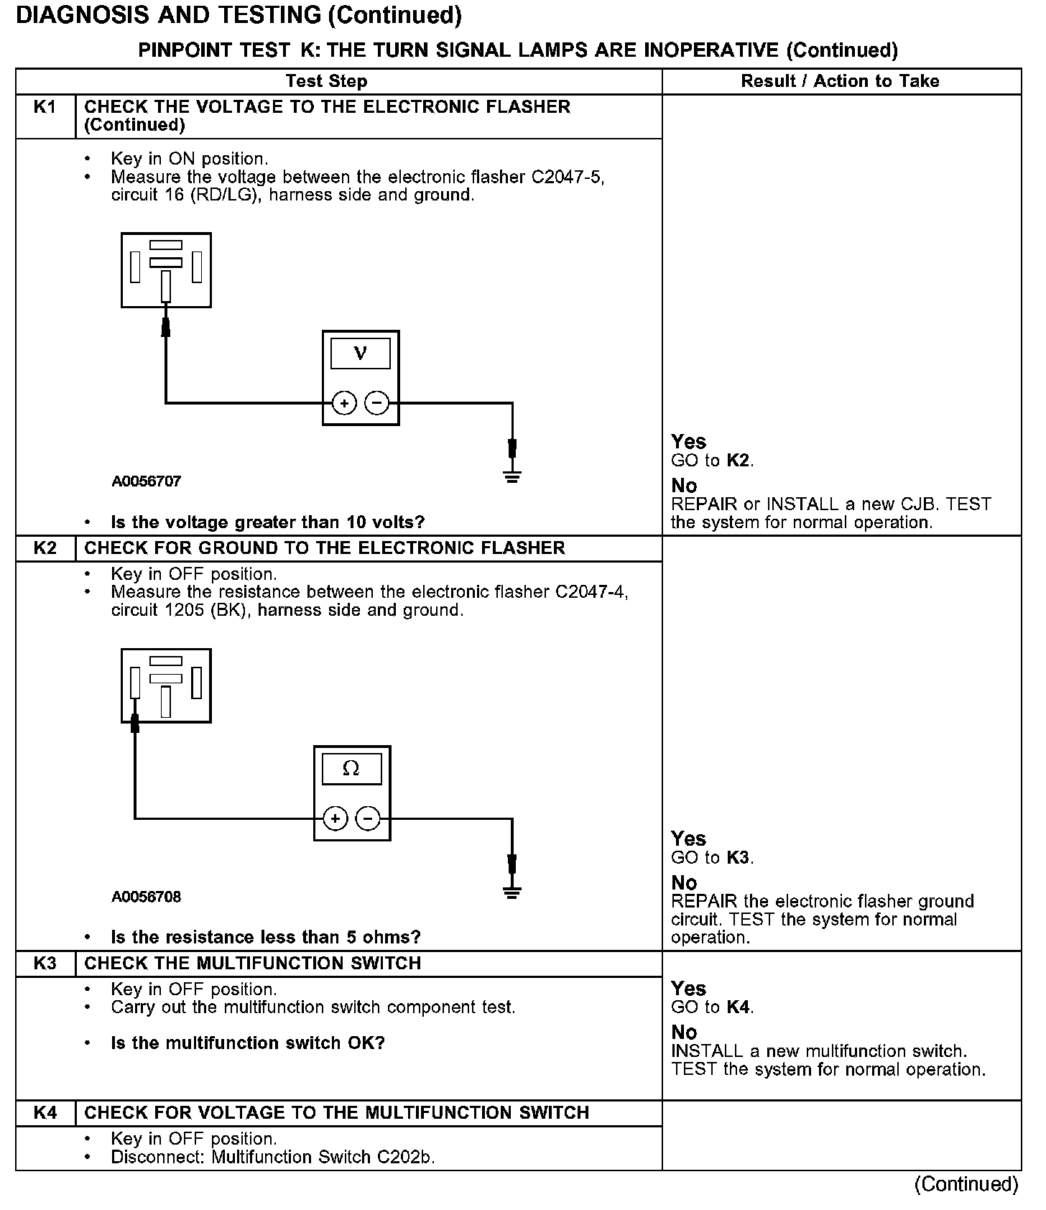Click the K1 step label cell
pyautogui.click(x=45, y=108)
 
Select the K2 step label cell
pyautogui.click(x=45, y=548)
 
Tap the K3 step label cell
pyautogui.click(x=45, y=964)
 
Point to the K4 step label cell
pyautogui.click(x=45, y=1113)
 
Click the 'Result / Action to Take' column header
pyautogui.click(x=840, y=81)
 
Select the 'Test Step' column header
pyautogui.click(x=326, y=81)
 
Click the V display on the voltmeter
pyautogui.click(x=361, y=354)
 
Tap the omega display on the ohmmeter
pyautogui.click(x=351, y=769)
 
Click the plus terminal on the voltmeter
pyautogui.click(x=345, y=403)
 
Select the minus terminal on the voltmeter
pyautogui.click(x=377, y=403)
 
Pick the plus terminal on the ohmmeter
pyautogui.click(x=335, y=818)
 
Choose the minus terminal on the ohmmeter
pyautogui.click(x=368, y=818)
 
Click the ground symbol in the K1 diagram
pyautogui.click(x=512, y=476)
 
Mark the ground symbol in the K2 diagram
pyautogui.click(x=512, y=893)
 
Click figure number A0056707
pyautogui.click(x=146, y=481)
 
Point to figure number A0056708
pyautogui.click(x=146, y=897)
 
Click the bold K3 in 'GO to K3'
pyautogui.click(x=738, y=857)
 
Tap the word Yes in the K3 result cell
pyautogui.click(x=688, y=989)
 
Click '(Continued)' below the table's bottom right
pyautogui.click(x=966, y=1184)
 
